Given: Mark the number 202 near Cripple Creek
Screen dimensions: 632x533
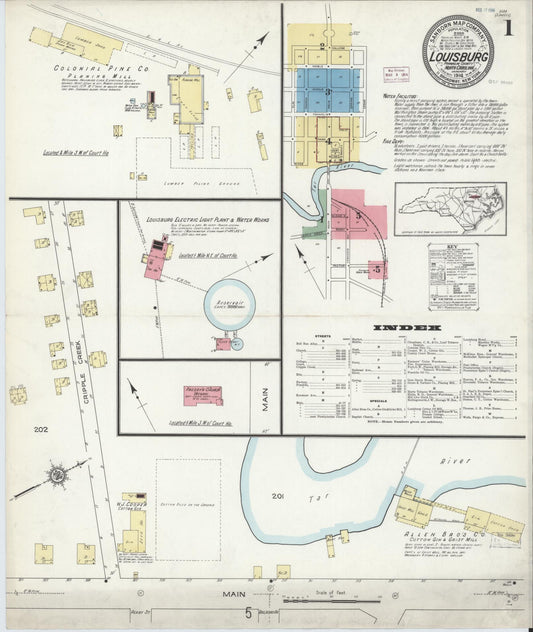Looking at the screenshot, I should [x=40, y=430].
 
